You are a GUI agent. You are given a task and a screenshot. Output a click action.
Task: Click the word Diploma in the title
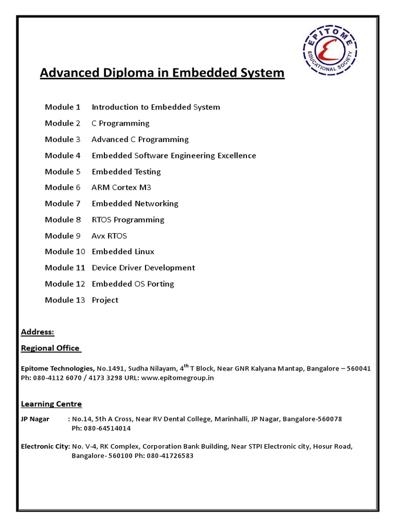129,73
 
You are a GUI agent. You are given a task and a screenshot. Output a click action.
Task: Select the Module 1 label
63,107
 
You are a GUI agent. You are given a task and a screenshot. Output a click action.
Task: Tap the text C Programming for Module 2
120,123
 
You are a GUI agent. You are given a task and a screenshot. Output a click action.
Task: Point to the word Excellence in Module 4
236,155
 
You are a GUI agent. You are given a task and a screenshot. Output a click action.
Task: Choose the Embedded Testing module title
126,171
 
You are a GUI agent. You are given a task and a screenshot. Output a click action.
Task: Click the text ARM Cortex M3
121,187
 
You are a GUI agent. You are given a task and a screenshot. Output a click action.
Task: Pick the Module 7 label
63,203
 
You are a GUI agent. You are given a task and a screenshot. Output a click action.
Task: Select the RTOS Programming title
128,220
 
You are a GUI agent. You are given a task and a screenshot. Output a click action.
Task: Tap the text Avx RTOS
109,236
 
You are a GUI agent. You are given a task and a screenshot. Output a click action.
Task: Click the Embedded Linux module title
123,252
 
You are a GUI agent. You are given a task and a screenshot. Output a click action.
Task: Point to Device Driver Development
143,268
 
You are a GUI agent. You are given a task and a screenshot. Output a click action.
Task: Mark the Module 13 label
65,300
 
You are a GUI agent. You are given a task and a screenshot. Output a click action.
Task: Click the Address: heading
38,332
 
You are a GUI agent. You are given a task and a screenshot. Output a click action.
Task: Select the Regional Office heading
50,348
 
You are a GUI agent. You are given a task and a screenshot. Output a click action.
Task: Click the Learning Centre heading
51,404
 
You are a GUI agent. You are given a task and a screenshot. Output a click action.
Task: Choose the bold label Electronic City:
45,446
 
